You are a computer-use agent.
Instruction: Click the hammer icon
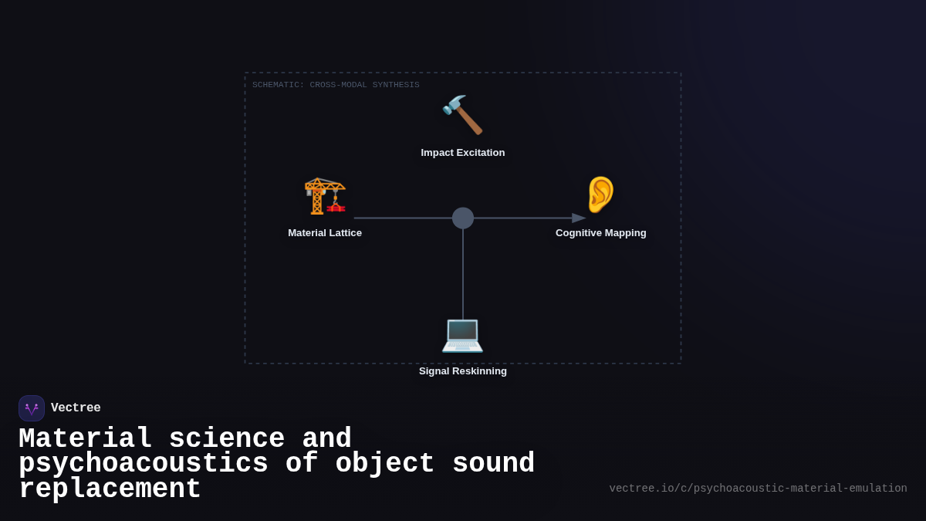[462, 114]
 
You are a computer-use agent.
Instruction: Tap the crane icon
[325, 195]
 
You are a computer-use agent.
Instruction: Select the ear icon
[600, 195]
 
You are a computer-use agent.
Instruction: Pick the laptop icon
[462, 334]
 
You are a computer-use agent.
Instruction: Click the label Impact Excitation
[463, 153]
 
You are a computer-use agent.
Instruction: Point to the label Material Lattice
[325, 233]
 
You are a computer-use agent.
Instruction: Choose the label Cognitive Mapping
[601, 233]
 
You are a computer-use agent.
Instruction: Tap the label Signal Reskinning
[463, 371]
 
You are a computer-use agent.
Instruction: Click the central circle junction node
[463, 218]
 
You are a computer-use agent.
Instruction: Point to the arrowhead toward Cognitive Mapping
[579, 218]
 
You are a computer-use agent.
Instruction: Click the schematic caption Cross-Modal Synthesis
[336, 85]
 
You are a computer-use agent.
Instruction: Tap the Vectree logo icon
[32, 408]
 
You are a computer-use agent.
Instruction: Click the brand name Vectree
[76, 408]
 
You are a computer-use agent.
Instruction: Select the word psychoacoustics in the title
[144, 464]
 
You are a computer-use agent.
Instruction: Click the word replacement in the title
[110, 489]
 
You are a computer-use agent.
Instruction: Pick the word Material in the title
[85, 439]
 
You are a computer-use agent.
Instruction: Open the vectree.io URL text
[758, 489]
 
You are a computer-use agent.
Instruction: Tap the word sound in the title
[493, 464]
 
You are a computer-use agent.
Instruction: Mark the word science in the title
[227, 439]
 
